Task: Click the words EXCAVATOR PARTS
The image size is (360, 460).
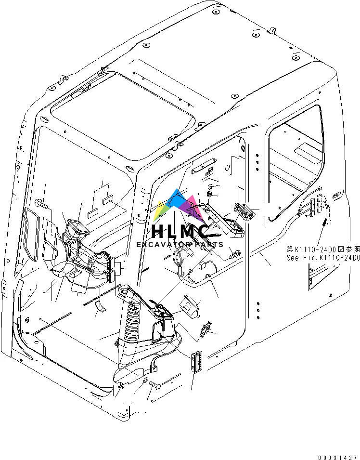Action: click(x=180, y=245)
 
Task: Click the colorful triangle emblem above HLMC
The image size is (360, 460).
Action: click(x=180, y=205)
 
